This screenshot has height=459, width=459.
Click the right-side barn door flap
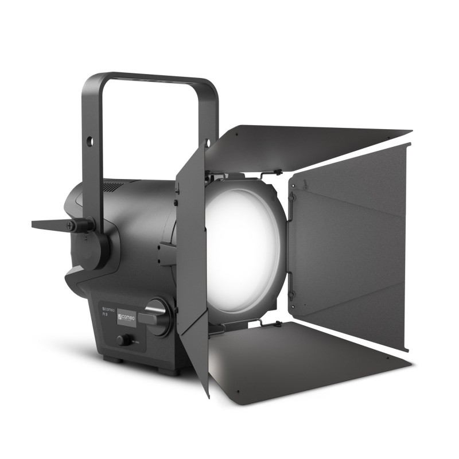[350, 247]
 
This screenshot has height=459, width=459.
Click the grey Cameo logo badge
[126, 317]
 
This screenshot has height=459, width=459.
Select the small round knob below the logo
[122, 340]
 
